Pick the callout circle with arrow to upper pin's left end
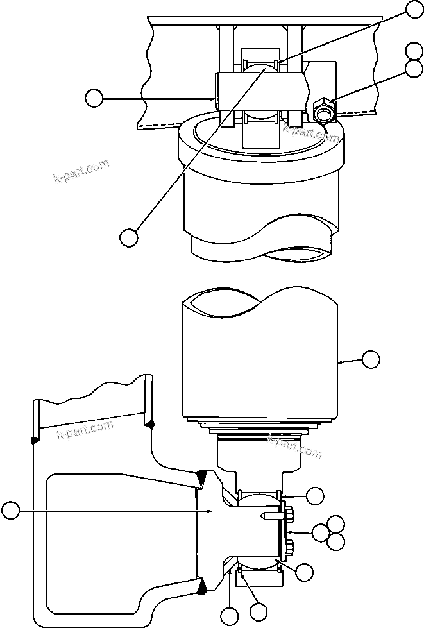point(94,98)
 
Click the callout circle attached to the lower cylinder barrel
point(371,360)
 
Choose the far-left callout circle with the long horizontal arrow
point(10,511)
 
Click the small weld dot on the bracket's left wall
point(33,439)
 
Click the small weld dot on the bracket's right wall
point(149,423)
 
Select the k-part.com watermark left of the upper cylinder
point(81,171)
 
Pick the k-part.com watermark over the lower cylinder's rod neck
point(294,445)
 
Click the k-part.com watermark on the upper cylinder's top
point(310,132)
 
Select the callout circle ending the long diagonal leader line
point(129,236)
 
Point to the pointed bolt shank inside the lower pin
point(269,516)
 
